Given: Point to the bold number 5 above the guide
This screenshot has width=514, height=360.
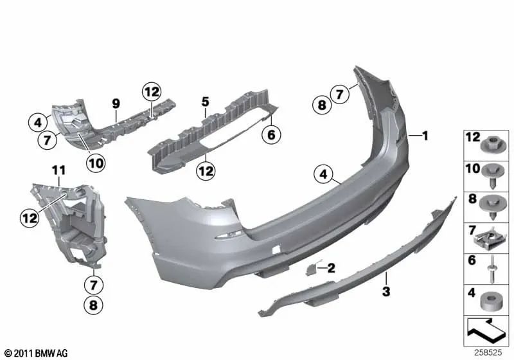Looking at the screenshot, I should [x=206, y=102].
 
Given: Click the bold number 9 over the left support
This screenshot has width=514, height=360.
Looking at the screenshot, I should [x=116, y=103].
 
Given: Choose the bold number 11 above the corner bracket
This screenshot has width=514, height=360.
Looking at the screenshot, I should [x=59, y=170].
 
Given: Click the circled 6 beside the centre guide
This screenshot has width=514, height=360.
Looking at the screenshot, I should [x=270, y=135].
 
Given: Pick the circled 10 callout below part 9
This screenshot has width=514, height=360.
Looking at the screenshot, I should [x=96, y=164].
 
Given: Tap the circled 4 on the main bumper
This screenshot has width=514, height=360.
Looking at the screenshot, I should [x=325, y=172].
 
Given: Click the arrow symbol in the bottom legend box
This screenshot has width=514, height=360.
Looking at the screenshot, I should [x=486, y=332].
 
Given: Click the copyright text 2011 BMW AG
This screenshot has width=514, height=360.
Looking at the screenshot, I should [x=37, y=353].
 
